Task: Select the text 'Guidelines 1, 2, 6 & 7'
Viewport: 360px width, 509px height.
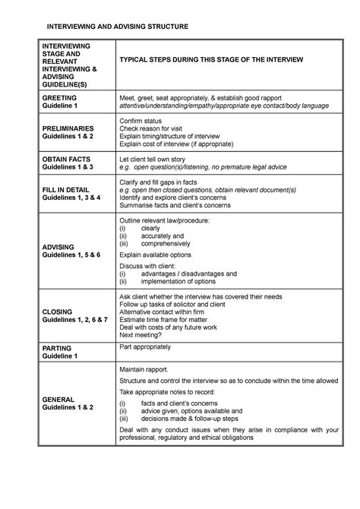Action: click(x=75, y=321)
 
